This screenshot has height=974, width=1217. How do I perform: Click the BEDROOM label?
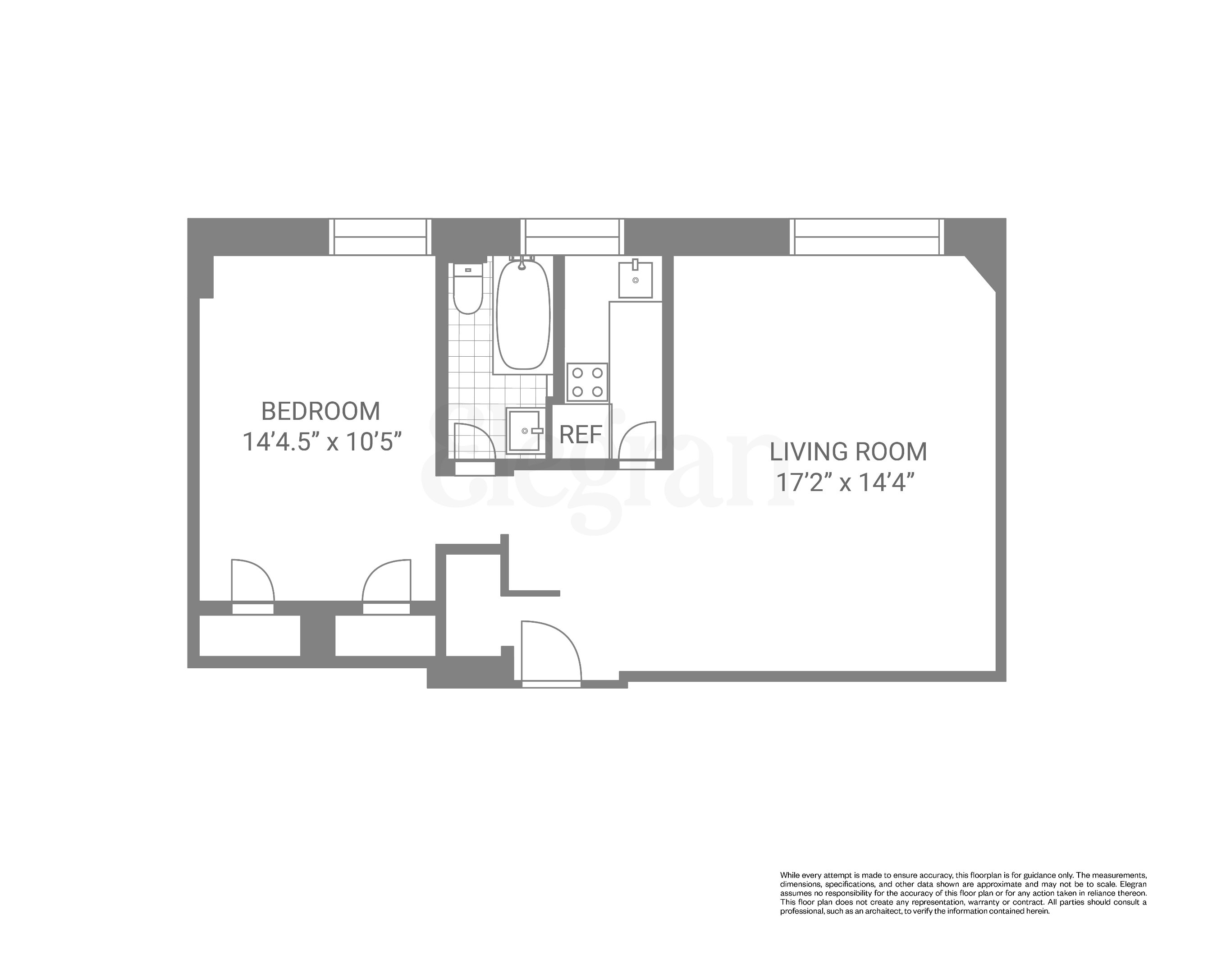320,411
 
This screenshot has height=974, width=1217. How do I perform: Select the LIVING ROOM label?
848,452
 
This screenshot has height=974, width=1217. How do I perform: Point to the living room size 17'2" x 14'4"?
845,483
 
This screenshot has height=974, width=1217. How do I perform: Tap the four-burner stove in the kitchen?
587,382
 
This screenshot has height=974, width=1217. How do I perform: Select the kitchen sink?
636,280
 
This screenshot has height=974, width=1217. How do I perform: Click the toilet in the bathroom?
468,291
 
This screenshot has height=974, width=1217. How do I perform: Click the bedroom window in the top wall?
380,237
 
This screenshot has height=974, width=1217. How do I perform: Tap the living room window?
868,237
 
